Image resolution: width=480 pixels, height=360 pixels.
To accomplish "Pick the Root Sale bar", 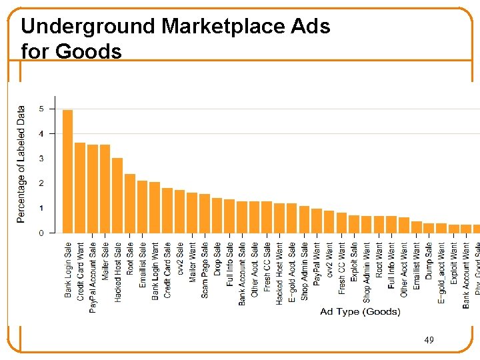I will (130, 203).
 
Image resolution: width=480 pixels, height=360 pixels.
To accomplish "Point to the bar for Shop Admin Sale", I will (305, 219).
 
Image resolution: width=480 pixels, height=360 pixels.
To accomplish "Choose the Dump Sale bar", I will (429, 228).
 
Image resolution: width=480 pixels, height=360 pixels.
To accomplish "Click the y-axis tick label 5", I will (42, 109).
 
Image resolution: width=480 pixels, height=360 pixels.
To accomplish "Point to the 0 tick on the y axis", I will (42, 233).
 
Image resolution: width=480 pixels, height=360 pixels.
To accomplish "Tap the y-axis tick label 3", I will (42, 159).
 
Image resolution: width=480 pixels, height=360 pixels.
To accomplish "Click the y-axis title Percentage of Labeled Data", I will (21, 164).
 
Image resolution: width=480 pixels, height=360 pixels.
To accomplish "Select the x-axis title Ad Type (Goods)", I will (360, 311).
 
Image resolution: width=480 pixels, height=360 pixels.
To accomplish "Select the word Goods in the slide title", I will (89, 51).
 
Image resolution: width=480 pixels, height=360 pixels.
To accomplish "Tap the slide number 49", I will (429, 341).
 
